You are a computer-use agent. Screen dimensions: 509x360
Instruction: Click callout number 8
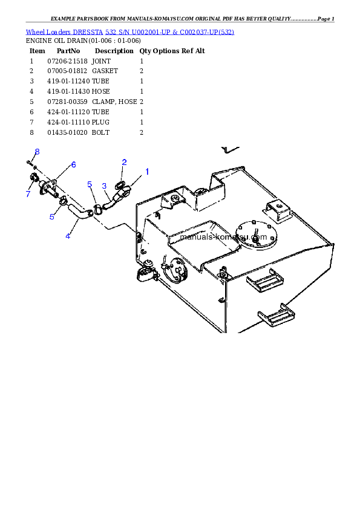point(37,152)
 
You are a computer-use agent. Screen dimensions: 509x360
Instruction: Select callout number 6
point(73,164)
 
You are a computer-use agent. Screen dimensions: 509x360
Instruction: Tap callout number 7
point(28,194)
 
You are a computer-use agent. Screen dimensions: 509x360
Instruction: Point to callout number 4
point(68,236)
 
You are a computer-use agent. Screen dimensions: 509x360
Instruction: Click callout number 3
point(104,186)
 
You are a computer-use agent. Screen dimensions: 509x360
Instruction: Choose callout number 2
point(124,162)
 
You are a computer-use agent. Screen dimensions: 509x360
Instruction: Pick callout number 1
point(146,172)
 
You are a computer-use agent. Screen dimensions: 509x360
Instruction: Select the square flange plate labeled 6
point(49,187)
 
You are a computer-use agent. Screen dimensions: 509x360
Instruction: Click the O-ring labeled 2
point(121,184)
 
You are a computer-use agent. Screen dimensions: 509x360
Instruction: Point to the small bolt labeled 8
point(29,162)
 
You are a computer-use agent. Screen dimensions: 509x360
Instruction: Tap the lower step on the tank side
point(277,315)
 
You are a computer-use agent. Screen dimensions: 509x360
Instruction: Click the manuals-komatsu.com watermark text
point(223,237)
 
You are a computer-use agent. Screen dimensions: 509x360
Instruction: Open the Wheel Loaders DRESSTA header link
point(129,31)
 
